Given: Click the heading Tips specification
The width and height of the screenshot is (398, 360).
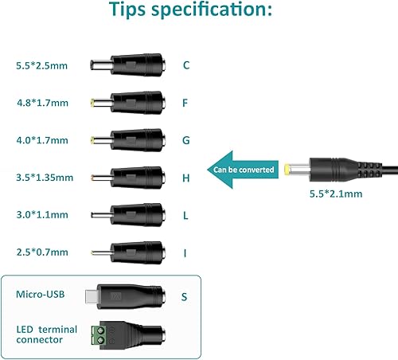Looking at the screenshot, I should pos(199,12).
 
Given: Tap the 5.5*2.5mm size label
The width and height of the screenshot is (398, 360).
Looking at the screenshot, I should pos(41,65).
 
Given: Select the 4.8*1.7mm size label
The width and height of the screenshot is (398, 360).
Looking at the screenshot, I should pos(41,102).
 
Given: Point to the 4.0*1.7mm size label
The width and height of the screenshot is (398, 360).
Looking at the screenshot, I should pos(41,139).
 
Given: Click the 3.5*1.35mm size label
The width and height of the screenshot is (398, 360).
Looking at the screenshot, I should pos(44,178).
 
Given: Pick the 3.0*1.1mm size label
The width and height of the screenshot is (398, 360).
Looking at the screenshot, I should pos(41,215).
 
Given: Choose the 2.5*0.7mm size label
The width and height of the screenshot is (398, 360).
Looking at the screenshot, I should pos(41,252).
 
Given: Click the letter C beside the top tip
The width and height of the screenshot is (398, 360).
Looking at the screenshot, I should pos(185,65).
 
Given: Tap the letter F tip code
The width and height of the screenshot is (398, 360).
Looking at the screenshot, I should pos(185,102).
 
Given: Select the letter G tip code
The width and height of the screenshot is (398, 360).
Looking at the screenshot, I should pos(185,140).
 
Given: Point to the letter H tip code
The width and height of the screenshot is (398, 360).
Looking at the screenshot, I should pos(185,178).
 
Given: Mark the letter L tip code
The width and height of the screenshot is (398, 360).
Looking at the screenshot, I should pos(185,215).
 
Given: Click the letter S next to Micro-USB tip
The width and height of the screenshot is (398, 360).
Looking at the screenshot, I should pos(184,297).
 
